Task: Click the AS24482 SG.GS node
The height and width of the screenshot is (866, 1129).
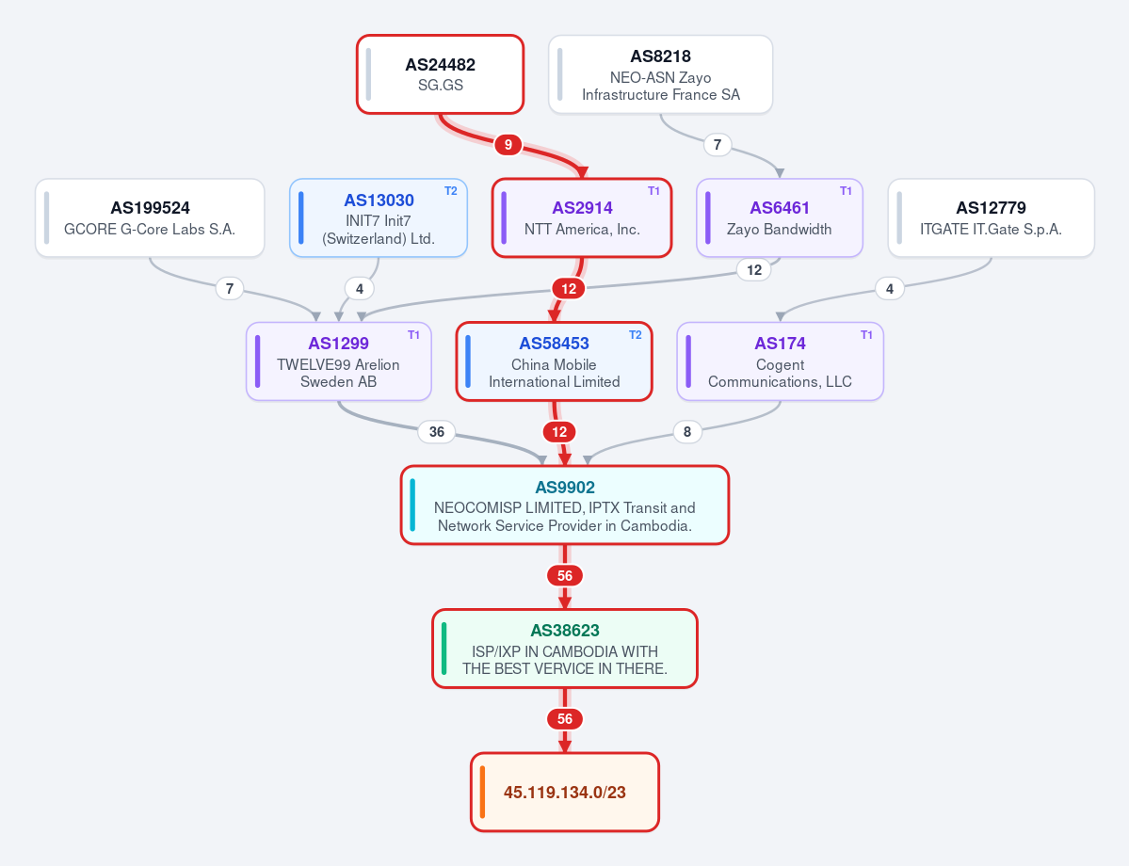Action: pos(440,74)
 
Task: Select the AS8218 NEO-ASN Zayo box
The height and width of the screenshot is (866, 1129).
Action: pos(660,74)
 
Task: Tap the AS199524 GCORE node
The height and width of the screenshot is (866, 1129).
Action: pos(150,217)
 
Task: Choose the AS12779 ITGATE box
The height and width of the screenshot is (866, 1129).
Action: pos(991,217)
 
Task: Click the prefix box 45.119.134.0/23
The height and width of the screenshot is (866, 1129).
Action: pos(565,792)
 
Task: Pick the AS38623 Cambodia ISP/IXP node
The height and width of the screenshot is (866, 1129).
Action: pos(565,649)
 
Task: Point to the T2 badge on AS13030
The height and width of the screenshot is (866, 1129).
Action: pos(451,191)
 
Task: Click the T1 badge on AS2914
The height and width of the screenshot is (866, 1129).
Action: pos(653,191)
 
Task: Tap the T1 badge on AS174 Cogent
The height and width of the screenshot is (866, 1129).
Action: pos(866,335)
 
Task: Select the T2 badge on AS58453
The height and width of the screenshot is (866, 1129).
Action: pos(635,335)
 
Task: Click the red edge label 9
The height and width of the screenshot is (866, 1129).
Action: pos(508,145)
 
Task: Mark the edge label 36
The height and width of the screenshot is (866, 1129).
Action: pos(436,432)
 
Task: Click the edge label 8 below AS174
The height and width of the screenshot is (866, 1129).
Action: pos(686,432)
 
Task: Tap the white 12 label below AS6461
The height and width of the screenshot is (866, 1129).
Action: pos(754,270)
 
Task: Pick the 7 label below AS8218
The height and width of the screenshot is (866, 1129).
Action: pos(718,145)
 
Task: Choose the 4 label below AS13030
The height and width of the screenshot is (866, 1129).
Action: pos(360,289)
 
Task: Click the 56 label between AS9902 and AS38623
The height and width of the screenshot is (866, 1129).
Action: pos(565,576)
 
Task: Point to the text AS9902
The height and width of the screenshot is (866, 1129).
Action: pos(565,488)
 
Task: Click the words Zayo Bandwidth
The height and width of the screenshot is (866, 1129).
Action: pos(779,229)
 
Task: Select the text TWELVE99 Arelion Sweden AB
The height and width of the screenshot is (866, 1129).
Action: pos(338,373)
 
